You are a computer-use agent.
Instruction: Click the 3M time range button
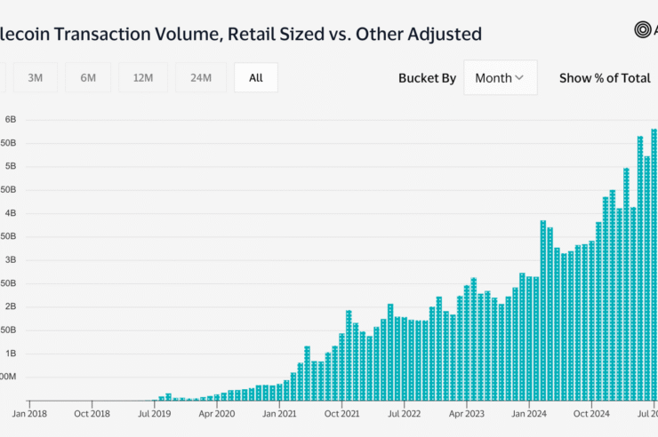click(x=36, y=77)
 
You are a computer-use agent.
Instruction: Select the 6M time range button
click(x=88, y=77)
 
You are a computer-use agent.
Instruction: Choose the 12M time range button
click(x=142, y=77)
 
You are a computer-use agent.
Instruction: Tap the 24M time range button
click(x=200, y=77)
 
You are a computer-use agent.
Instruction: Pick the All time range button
click(x=256, y=77)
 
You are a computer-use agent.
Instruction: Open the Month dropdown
click(x=500, y=77)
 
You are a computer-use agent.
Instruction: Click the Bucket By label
click(x=427, y=77)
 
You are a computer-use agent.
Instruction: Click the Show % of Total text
click(x=605, y=77)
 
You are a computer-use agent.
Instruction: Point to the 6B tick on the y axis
click(x=12, y=119)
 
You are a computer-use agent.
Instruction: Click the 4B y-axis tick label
click(x=12, y=213)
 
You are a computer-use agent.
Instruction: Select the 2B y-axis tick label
click(x=12, y=306)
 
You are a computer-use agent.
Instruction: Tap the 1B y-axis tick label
click(x=12, y=354)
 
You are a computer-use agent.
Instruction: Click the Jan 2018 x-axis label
click(x=30, y=413)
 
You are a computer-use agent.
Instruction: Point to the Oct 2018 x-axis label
click(x=92, y=413)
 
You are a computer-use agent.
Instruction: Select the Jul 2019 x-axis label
click(x=155, y=413)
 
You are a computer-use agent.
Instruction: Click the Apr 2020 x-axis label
click(x=217, y=413)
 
